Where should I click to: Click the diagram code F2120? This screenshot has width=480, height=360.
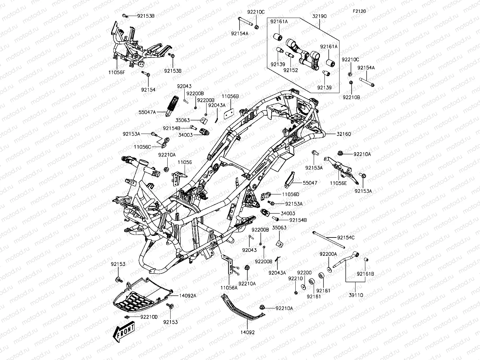pyautogui.click(x=359, y=11)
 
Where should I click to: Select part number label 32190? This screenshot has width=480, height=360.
pyautogui.click(x=319, y=16)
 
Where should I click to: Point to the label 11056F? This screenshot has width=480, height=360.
pyautogui.click(x=117, y=72)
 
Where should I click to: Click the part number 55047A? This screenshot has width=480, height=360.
pyautogui.click(x=147, y=112)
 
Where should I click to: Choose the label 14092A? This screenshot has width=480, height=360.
pyautogui.click(x=187, y=295)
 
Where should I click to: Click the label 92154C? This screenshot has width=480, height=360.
pyautogui.click(x=346, y=238)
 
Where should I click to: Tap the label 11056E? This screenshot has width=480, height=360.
pyautogui.click(x=338, y=183)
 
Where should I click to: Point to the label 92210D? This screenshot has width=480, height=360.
pyautogui.click(x=149, y=317)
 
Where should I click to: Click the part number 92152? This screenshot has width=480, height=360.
pyautogui.click(x=290, y=70)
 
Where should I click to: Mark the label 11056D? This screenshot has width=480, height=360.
pyautogui.click(x=290, y=194)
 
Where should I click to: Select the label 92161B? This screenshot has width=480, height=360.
pyautogui.click(x=366, y=274)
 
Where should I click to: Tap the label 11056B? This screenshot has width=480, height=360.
pyautogui.click(x=230, y=96)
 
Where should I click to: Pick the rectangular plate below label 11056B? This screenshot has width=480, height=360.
pyautogui.click(x=228, y=112)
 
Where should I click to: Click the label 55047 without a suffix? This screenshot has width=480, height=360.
pyautogui.click(x=310, y=183)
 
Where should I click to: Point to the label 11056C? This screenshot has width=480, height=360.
pyautogui.click(x=142, y=147)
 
